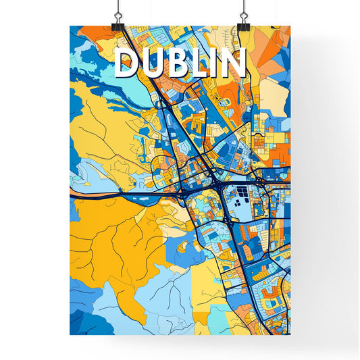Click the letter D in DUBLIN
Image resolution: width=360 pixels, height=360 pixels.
point(127,63)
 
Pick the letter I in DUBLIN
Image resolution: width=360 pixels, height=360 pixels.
point(216,63)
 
